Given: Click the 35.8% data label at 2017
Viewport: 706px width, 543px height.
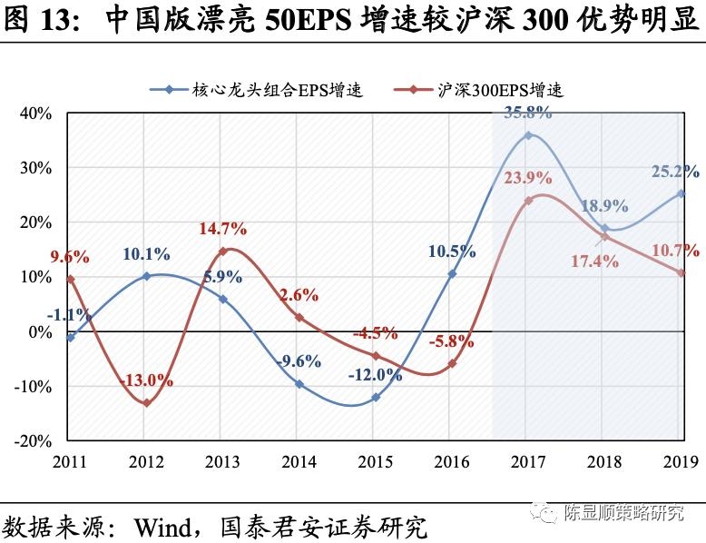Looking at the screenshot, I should click(527, 114).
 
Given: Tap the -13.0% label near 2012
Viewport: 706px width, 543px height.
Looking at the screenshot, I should click(147, 380).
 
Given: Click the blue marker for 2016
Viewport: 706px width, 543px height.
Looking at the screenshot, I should click(452, 273).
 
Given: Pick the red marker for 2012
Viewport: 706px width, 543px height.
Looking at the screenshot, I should click(147, 402).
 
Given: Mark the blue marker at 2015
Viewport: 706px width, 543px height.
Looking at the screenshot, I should click(376, 397).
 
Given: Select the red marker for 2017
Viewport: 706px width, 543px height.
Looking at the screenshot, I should click(528, 201).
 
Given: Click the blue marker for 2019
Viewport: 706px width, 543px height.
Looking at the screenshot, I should click(681, 193).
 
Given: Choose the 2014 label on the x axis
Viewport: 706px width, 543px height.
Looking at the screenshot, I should click(299, 461).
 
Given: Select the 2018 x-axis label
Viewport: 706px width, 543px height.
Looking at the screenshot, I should click(604, 461).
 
